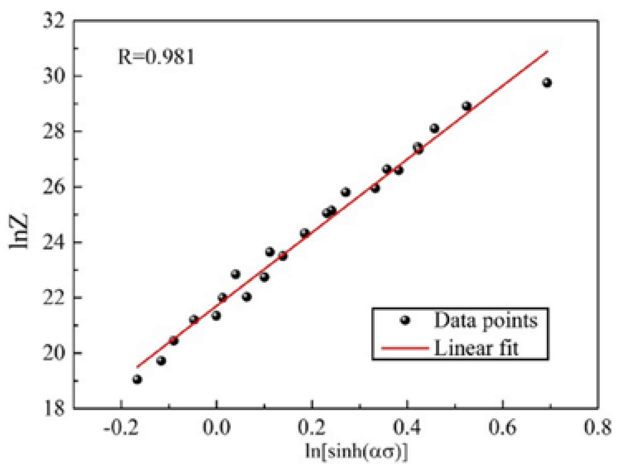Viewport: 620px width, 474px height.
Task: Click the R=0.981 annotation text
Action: [156, 57]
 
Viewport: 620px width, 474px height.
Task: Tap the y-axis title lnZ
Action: [19, 231]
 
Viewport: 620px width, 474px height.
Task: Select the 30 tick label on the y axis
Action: [54, 76]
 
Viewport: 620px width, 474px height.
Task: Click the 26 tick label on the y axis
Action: [54, 187]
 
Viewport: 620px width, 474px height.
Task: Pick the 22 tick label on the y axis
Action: [54, 297]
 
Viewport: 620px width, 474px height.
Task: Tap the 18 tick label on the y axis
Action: [54, 408]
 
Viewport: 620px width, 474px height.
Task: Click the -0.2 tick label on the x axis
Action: [121, 427]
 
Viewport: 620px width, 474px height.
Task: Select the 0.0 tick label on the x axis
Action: [216, 427]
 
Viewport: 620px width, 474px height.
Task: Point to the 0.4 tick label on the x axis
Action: [407, 427]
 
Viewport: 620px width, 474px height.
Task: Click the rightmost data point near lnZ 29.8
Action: [547, 82]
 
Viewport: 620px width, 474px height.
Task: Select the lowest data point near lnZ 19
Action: [137, 379]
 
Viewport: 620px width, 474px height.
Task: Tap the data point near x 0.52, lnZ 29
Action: [466, 106]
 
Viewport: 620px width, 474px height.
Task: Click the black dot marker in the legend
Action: [405, 320]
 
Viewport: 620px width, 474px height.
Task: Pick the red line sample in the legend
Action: [404, 348]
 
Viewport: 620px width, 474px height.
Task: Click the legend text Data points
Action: [485, 320]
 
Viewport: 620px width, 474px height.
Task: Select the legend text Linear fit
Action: [476, 348]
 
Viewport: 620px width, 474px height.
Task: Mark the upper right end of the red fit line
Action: [547, 51]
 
